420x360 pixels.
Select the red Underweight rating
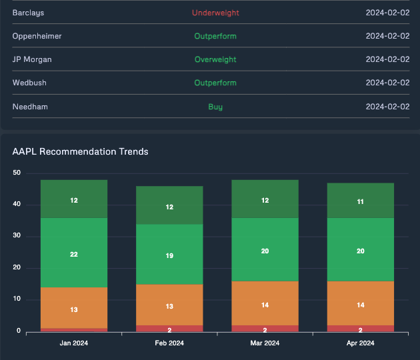pos(215,13)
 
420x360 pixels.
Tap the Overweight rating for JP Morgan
pos(215,59)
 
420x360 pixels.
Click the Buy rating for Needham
pos(215,107)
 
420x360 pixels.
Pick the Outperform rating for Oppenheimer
pos(215,36)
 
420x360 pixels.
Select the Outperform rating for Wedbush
pos(215,83)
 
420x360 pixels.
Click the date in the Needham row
pos(387,107)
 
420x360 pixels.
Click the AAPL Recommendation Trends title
pos(80,151)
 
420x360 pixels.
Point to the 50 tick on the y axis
pos(17,173)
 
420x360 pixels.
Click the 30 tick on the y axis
pos(17,237)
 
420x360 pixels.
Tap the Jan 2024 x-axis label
pos(74,343)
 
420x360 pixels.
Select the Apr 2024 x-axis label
pos(360,343)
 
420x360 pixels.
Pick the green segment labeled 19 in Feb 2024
pos(169,254)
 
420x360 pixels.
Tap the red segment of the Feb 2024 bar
pos(169,328)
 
